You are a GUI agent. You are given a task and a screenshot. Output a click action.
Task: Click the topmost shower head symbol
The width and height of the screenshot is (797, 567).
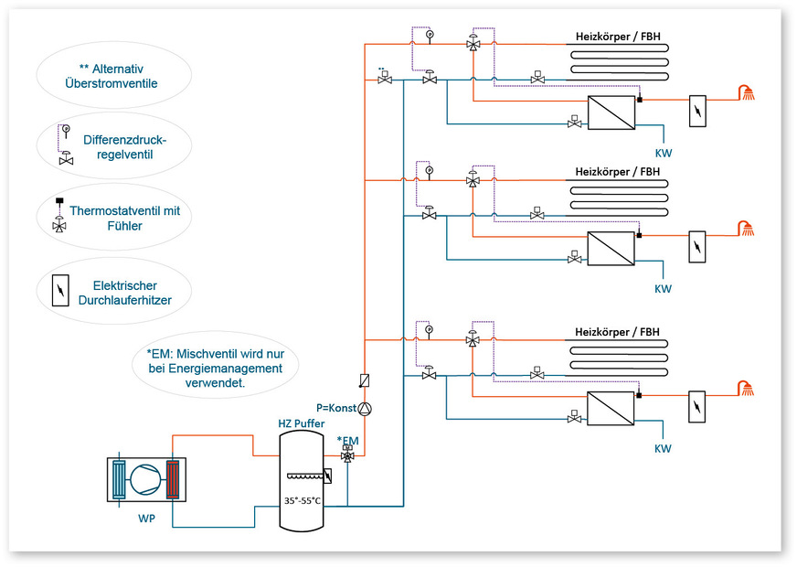pos(749,91)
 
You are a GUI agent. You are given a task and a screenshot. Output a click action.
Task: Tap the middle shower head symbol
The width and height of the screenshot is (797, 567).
pos(749,229)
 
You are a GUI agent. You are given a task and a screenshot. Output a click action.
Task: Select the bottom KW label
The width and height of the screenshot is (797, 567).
pos(663,449)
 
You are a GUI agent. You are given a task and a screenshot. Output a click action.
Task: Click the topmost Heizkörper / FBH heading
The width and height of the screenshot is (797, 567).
pos(618,37)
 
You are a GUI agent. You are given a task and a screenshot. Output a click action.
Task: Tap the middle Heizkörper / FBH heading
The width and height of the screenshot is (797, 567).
pos(618,171)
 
